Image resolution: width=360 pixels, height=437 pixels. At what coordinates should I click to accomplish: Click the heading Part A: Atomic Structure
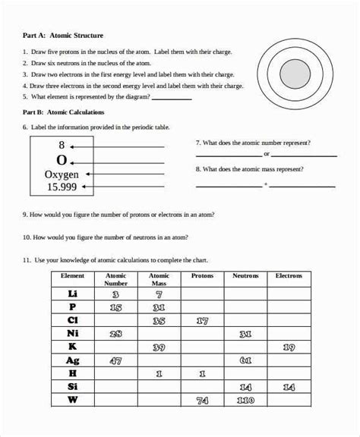click(x=63, y=36)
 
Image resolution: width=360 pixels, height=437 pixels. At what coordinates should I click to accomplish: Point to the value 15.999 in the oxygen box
click(x=62, y=186)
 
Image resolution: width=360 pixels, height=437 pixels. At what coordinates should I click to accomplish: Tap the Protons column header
click(x=202, y=276)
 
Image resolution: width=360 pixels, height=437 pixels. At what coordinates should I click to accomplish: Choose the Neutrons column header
click(x=245, y=276)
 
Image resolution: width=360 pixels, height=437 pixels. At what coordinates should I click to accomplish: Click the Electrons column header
click(x=289, y=276)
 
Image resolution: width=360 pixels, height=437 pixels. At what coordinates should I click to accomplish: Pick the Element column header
click(x=72, y=276)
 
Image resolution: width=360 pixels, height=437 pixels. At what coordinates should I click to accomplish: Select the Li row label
click(x=72, y=294)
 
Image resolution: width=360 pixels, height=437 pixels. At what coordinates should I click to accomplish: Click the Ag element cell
click(x=72, y=361)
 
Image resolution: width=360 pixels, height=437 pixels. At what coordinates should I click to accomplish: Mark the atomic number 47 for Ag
click(x=116, y=361)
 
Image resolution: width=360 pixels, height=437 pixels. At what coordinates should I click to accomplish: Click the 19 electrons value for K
click(x=289, y=347)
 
